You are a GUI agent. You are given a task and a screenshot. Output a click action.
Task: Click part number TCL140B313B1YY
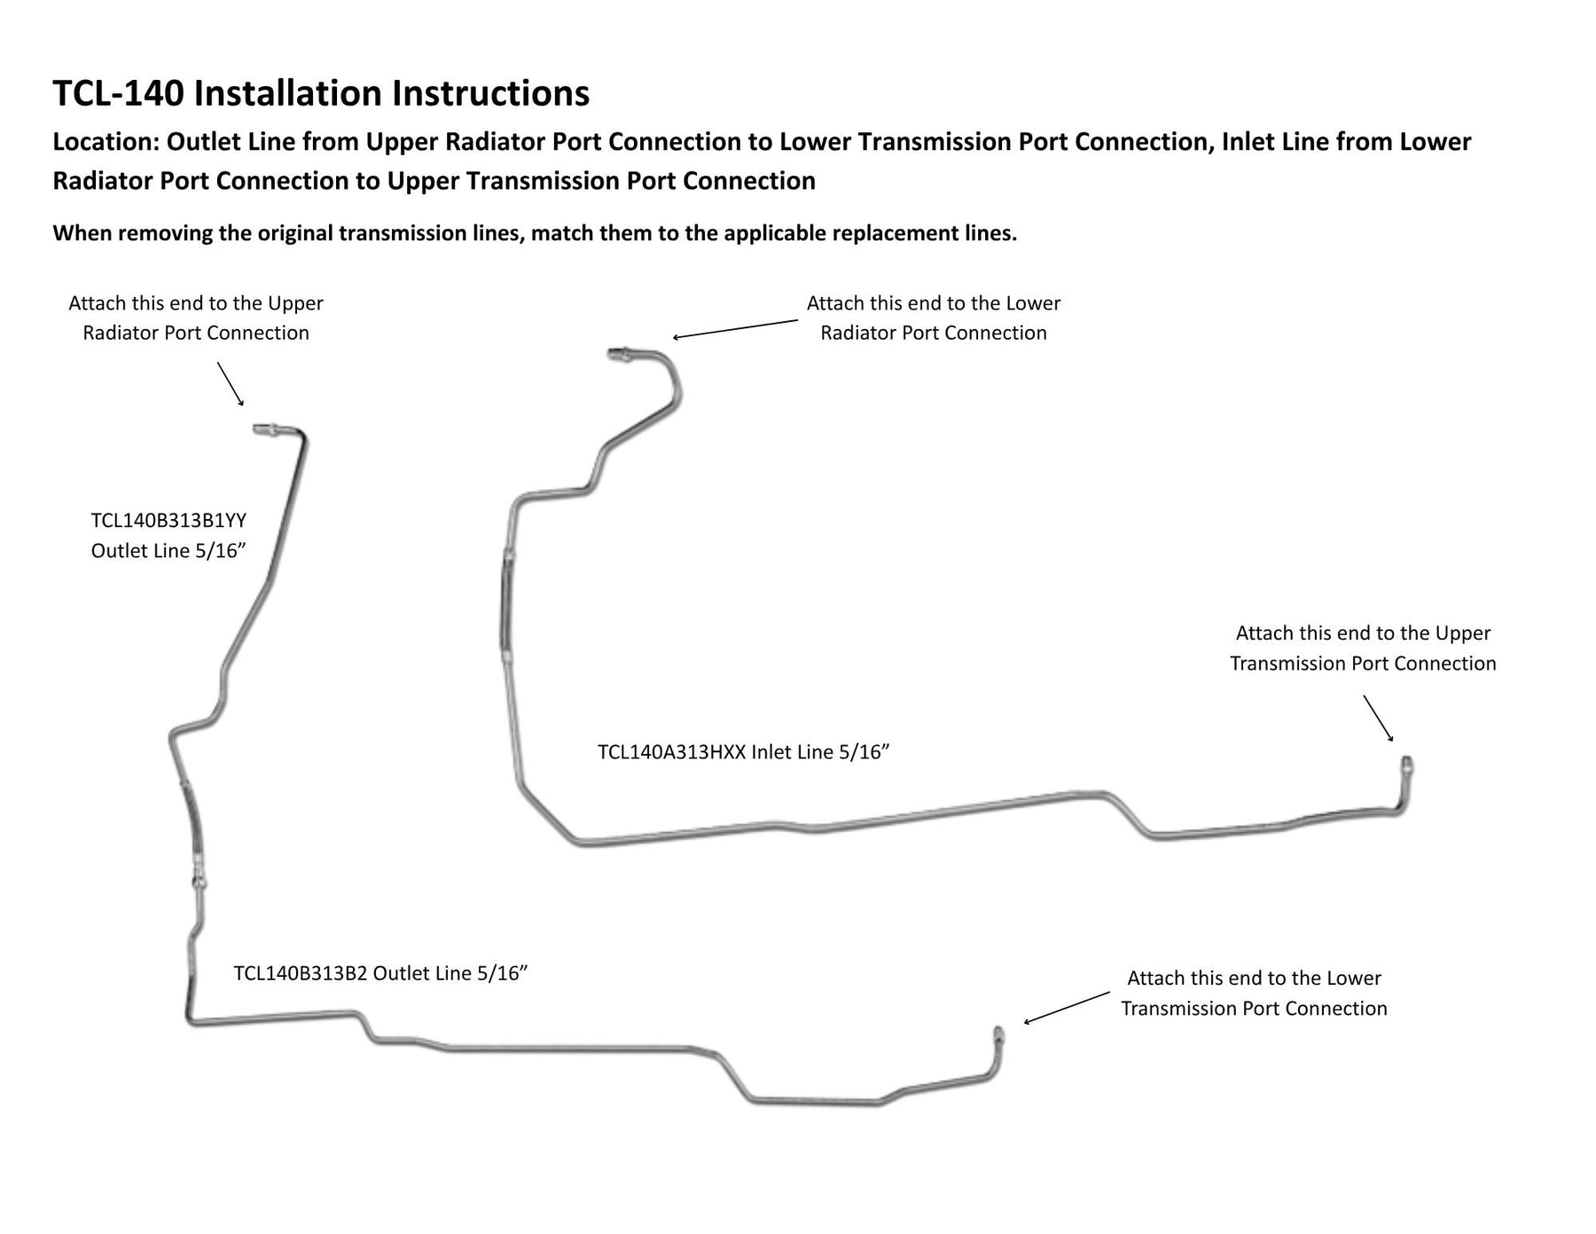168,520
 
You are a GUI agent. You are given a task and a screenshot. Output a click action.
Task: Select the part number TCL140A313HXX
671,752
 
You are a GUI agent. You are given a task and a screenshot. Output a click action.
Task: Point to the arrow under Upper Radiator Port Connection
231,383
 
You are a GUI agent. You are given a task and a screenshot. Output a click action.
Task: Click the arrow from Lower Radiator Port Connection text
735,329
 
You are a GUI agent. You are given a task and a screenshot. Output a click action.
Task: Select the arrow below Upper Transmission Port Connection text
1378,718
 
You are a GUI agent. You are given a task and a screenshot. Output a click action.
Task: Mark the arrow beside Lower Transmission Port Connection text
1067,1008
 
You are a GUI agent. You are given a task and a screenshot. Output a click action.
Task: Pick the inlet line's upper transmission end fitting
1406,766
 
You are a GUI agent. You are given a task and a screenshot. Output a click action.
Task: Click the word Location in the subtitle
106,142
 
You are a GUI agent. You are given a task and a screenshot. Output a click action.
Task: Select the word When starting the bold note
82,233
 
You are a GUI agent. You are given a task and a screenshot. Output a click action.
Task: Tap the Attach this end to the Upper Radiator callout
196,318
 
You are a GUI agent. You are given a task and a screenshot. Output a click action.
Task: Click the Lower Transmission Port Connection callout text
1254,993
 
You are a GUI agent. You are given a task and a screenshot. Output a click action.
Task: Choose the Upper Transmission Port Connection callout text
1363,648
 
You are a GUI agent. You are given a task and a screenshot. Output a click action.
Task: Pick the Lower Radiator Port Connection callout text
934,318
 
